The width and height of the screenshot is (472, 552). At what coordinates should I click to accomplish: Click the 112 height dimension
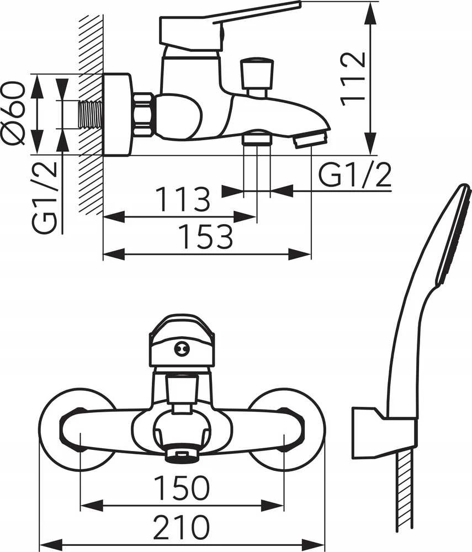tap(353, 79)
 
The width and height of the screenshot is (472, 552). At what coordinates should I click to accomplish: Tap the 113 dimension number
tap(183, 199)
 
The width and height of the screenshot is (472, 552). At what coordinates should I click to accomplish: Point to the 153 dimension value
tap(205, 236)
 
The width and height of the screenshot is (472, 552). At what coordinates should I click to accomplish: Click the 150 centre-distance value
tap(182, 488)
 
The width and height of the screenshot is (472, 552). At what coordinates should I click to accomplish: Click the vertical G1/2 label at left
tap(45, 197)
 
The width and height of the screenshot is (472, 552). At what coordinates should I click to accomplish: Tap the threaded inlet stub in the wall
tap(91, 114)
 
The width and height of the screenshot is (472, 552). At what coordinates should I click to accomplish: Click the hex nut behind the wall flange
tap(144, 114)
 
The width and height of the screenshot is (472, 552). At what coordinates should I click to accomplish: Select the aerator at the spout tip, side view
tap(310, 139)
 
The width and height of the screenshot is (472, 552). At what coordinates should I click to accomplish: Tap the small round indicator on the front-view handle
tap(182, 349)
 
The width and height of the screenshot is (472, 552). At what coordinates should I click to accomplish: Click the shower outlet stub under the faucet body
tap(257, 137)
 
